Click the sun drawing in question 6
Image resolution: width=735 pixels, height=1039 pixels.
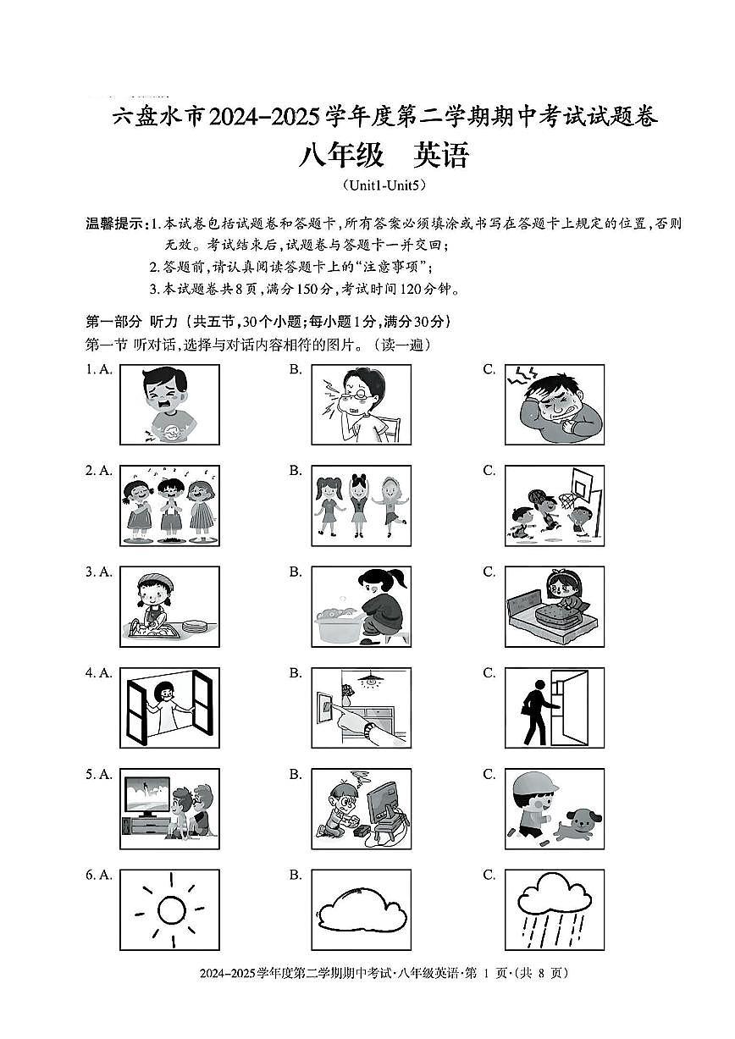coord(170,909)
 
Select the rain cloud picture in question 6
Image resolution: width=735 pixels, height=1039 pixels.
coord(555,909)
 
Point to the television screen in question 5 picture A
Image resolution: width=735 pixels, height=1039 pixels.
coord(149,796)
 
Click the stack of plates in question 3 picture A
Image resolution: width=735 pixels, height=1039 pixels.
coord(196,627)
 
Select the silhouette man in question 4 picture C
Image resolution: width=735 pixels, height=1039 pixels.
coord(536,705)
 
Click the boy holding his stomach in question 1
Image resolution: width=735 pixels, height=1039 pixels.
coord(169,403)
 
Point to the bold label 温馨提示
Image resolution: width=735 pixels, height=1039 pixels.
coord(117,224)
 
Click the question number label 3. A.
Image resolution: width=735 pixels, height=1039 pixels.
coord(98,572)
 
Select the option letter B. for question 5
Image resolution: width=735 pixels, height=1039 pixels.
coord(295,774)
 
